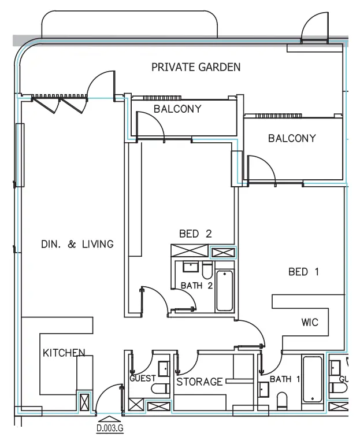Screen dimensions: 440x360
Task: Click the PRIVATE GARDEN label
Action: tap(195, 67)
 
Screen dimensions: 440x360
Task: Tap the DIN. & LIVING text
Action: tap(77, 244)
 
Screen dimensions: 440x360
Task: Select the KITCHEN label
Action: tap(64, 352)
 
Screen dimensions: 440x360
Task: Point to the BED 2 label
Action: tap(195, 234)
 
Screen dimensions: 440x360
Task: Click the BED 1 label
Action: tap(303, 271)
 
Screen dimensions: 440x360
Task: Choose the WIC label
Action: tap(310, 322)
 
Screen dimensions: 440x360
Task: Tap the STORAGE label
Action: tap(199, 382)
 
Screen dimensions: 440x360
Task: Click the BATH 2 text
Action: tap(197, 286)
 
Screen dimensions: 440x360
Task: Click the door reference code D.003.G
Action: tap(110, 429)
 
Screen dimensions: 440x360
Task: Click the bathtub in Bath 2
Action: tap(224, 291)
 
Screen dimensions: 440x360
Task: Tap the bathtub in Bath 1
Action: tap(312, 380)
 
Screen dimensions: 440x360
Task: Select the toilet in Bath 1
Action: tap(282, 400)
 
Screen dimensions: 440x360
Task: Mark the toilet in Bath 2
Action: tap(207, 269)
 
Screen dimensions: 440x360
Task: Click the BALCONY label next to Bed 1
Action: tap(292, 138)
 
